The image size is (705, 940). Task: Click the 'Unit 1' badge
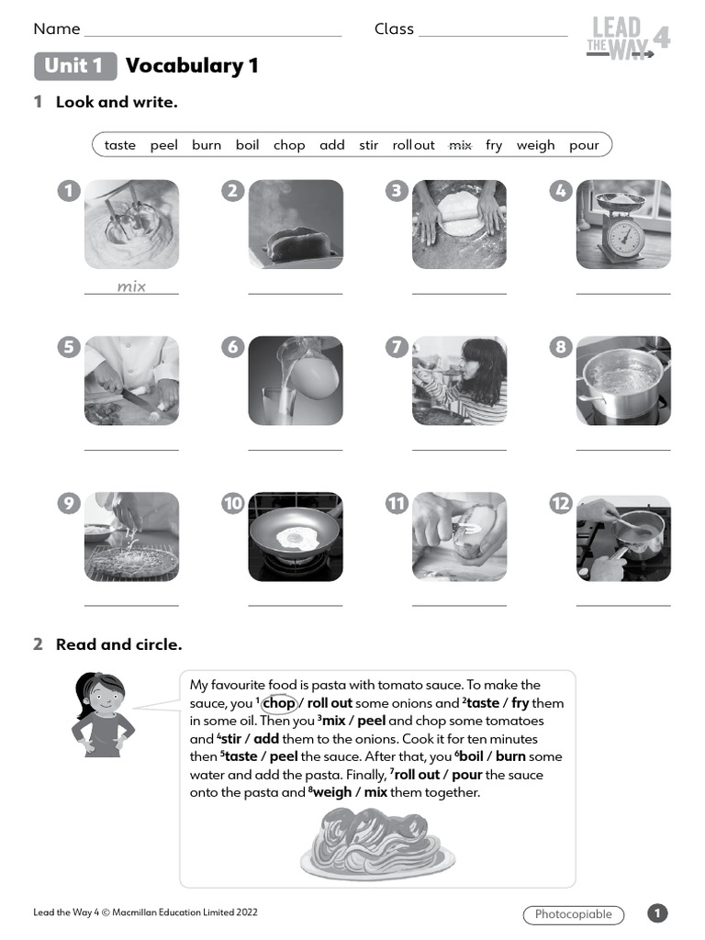point(75,66)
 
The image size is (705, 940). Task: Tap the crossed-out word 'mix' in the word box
point(459,145)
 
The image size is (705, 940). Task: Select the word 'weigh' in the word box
point(535,145)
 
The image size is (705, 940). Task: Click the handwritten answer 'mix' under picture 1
point(131,286)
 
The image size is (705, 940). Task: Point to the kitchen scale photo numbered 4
point(623,224)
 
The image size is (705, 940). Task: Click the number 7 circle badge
point(397,347)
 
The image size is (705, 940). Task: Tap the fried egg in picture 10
point(297,539)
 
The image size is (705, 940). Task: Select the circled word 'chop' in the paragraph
point(278,703)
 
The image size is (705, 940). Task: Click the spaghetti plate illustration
point(378,843)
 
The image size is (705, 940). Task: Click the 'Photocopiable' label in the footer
point(573,914)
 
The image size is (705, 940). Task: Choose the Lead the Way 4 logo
point(629,39)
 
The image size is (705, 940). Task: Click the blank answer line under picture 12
point(623,606)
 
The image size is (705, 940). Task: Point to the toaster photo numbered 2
point(296,224)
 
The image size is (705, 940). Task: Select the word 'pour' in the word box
point(584,145)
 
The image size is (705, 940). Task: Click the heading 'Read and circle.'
point(118,644)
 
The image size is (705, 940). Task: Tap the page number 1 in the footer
point(657,913)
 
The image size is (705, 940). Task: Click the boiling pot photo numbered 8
point(623,380)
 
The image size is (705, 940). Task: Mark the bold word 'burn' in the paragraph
point(510,757)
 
